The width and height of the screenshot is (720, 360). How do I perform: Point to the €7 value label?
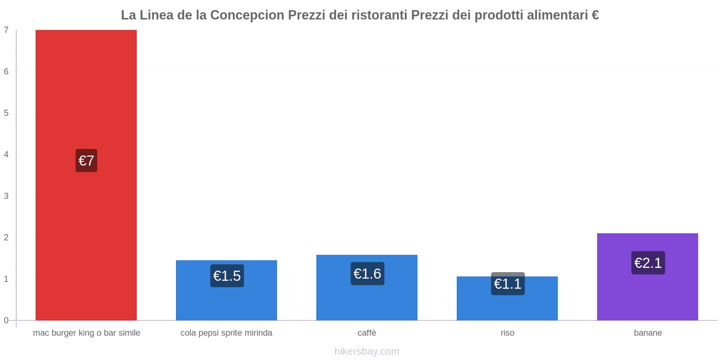tap(86, 161)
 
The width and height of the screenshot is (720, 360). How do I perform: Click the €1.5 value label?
tap(227, 276)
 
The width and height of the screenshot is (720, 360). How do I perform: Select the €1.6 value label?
tap(367, 274)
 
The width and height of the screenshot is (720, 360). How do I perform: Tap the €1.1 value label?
tap(508, 284)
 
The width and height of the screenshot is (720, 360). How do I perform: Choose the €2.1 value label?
tap(648, 263)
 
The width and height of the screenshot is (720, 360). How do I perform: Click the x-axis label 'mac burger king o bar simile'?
tap(86, 333)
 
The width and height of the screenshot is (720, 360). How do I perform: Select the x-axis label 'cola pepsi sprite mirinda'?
tap(226, 333)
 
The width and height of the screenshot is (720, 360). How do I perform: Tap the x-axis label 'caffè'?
tap(367, 333)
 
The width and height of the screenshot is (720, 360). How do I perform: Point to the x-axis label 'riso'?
tap(507, 333)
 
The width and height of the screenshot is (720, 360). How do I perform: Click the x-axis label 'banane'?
tap(648, 333)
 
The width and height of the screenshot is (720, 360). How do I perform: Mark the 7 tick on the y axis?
tap(6, 30)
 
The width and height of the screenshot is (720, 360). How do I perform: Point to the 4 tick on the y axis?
tap(6, 154)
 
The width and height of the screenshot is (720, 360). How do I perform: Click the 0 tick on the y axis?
tap(6, 320)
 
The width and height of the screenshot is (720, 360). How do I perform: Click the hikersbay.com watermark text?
tap(367, 351)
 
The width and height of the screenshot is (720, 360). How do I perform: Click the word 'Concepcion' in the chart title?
tap(247, 15)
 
